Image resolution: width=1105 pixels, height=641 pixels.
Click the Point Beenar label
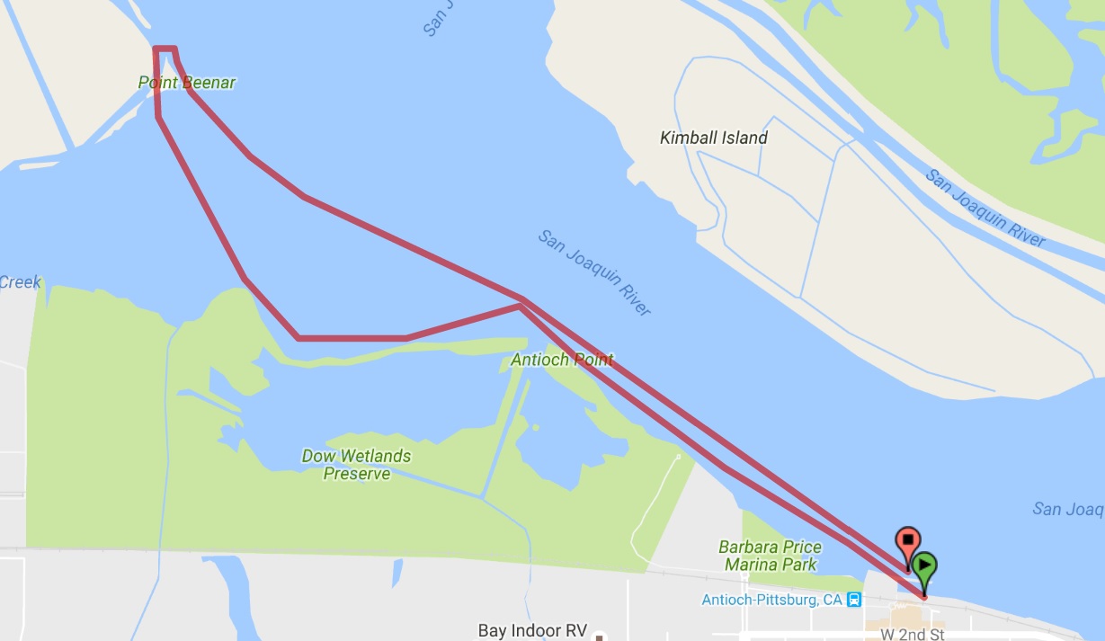tap(187, 83)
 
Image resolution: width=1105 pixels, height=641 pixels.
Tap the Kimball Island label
tap(714, 138)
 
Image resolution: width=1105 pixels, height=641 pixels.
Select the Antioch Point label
tap(562, 360)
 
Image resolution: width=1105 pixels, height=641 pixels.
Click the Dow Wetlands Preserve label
tap(356, 464)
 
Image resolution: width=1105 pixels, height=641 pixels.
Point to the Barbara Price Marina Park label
tap(771, 556)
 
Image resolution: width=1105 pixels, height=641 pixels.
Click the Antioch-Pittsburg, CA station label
tap(772, 600)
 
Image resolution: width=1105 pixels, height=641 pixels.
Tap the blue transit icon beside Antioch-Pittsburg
tap(855, 600)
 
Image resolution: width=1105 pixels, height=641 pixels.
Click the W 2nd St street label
tap(912, 635)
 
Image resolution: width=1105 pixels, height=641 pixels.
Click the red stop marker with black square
tap(908, 540)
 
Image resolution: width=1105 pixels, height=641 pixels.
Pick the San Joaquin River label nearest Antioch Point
tap(594, 272)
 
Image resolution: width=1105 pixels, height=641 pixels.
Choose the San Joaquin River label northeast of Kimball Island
tap(985, 208)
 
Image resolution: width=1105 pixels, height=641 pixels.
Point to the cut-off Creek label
tap(20, 282)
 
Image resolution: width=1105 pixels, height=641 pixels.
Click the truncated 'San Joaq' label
tap(1068, 510)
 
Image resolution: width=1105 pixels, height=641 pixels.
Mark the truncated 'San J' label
tap(435, 18)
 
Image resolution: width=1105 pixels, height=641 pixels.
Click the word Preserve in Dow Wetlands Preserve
tap(357, 474)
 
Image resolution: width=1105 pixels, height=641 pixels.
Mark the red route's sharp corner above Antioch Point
tap(520, 305)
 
